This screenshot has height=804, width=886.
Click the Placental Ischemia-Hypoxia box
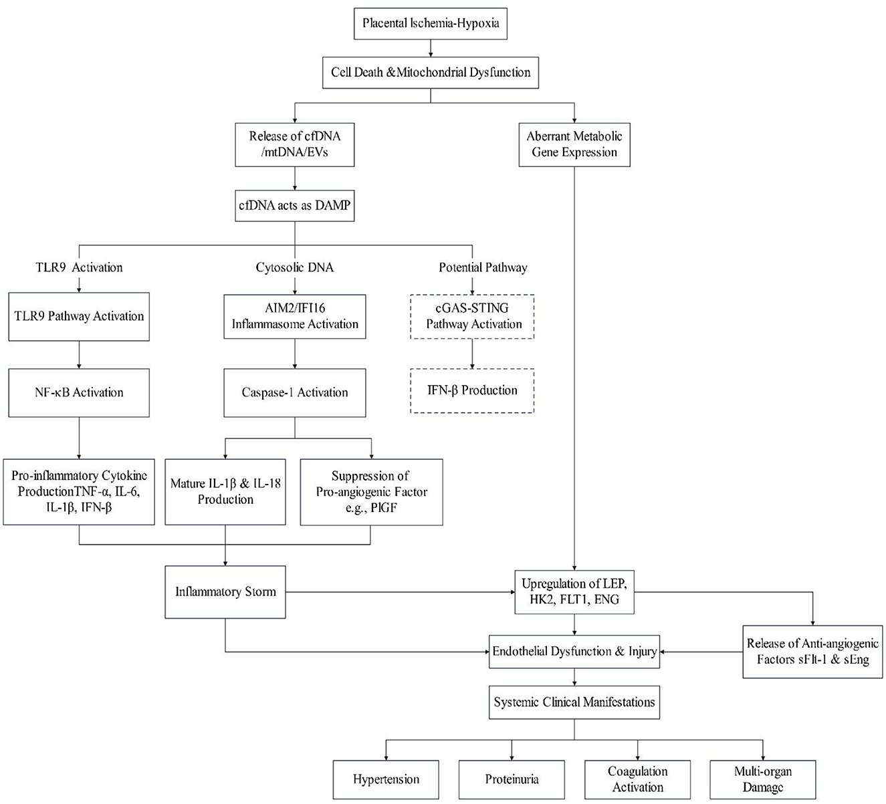click(x=430, y=23)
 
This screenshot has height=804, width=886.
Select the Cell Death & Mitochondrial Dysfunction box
click(x=430, y=72)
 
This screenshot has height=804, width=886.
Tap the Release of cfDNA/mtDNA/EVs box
click(x=294, y=144)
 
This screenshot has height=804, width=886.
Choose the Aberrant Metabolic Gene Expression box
click(x=574, y=144)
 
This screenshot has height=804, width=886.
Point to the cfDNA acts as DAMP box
click(x=294, y=207)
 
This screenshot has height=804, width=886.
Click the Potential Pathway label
click(x=483, y=267)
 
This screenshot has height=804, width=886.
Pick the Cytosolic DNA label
click(x=294, y=267)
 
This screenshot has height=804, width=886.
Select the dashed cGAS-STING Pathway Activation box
click(x=473, y=316)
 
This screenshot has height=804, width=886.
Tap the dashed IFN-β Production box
click(x=473, y=390)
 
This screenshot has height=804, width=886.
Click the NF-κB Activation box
click(x=79, y=392)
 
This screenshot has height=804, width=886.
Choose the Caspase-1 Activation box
click(x=294, y=392)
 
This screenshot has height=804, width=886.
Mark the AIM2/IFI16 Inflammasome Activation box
click(x=294, y=316)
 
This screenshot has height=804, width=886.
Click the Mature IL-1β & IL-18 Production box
click(x=225, y=491)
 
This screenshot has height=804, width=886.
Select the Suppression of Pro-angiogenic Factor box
click(x=371, y=491)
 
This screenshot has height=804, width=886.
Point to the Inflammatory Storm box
click(x=225, y=591)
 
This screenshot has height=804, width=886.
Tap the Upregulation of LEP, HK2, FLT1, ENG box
click(x=574, y=591)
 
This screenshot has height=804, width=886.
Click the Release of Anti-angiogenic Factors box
click(x=812, y=652)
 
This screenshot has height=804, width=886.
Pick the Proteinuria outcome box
click(x=512, y=779)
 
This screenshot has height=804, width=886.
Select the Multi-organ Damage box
click(x=762, y=779)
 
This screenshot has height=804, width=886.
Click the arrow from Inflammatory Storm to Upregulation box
click(x=401, y=591)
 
